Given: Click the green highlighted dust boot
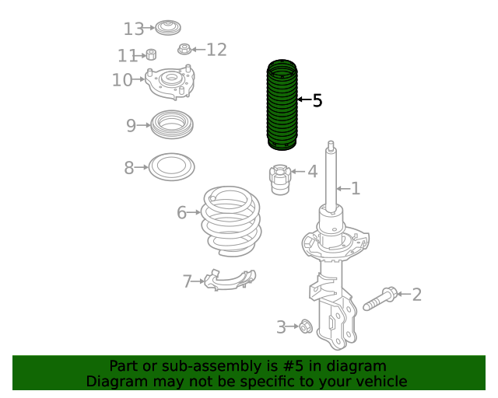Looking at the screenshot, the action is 282,105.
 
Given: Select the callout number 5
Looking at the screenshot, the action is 317,100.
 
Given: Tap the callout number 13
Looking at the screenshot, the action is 133,29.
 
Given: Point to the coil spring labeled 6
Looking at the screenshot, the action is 231,221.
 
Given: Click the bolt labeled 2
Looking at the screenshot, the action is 381,298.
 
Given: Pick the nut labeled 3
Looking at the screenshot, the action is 306,326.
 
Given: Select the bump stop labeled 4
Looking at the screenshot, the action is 280,180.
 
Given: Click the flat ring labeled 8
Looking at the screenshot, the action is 171,167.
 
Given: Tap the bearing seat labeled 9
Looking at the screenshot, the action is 172,124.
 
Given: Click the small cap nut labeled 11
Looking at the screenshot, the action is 151,54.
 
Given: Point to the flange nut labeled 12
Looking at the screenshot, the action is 184,49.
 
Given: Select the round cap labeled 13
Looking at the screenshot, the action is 168,28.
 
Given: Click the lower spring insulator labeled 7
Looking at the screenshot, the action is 230,280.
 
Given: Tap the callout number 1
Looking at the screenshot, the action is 356,189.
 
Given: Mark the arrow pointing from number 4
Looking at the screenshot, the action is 298,171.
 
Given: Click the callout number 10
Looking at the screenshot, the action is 122,80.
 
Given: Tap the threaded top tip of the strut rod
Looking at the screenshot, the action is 331,145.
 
